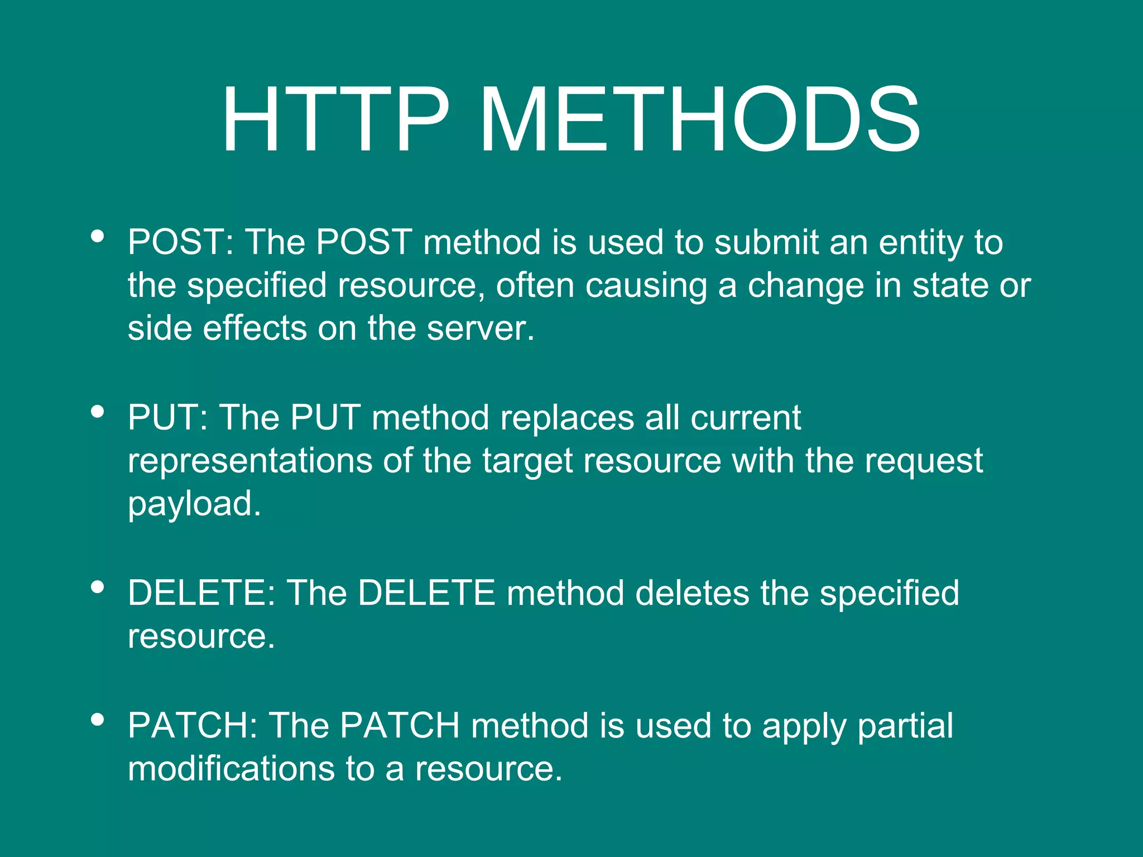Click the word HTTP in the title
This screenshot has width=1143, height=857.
(335, 119)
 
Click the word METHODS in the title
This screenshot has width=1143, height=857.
(699, 119)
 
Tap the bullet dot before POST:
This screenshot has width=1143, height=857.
(97, 236)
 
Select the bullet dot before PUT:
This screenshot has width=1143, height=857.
(97, 412)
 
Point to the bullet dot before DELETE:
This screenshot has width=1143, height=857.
(97, 587)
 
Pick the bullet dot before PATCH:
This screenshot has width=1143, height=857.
(97, 720)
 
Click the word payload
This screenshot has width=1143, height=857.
(194, 504)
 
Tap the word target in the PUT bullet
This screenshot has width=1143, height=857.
(527, 462)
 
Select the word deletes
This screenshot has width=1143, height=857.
(692, 593)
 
